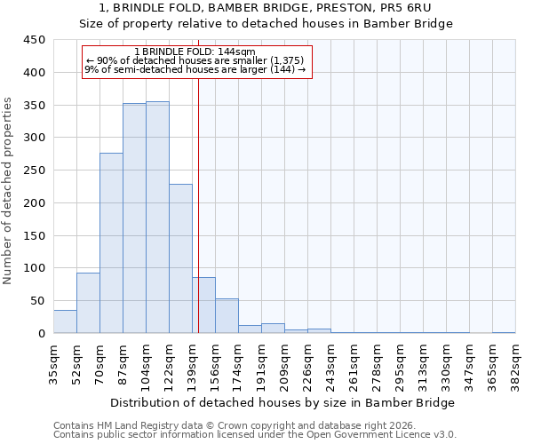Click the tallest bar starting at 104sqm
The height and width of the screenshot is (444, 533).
(x=157, y=218)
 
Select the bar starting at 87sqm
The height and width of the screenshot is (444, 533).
(x=134, y=218)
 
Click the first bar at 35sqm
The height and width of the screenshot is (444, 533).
(x=65, y=321)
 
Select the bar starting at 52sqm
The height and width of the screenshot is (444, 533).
(x=88, y=303)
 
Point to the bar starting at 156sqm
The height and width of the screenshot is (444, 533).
(x=227, y=316)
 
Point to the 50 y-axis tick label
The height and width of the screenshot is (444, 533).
(x=38, y=301)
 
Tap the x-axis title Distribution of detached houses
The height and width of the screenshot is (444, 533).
(x=284, y=402)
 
